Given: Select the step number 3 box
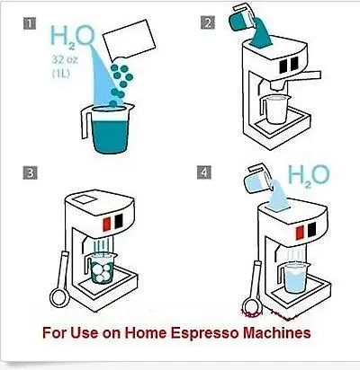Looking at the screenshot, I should pos(33,173).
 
